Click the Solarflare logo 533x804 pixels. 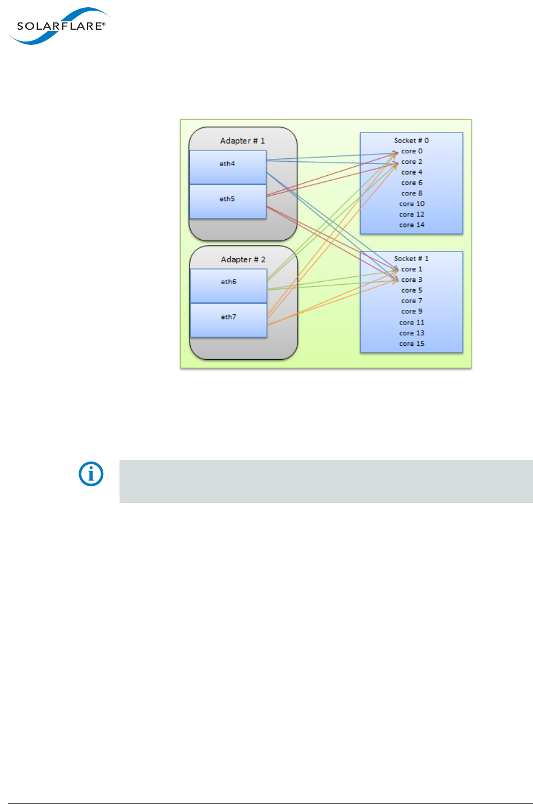58,26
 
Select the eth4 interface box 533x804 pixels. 227,167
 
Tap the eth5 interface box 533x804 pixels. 227,201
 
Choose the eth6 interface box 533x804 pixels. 228,285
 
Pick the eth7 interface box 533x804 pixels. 228,320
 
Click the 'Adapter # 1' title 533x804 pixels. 242,141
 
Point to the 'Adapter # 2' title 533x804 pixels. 243,259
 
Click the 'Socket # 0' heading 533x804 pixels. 411,140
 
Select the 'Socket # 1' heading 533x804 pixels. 411,258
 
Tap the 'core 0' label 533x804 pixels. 412,151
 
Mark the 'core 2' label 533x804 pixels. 412,162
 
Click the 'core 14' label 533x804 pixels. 412,225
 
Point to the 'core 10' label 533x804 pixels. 412,204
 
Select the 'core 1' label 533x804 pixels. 412,269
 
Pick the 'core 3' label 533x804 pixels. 412,280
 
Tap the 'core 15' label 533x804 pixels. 412,344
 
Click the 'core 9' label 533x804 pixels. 412,311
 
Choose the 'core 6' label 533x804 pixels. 412,182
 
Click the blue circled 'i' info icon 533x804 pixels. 91,474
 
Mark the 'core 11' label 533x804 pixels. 412,322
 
